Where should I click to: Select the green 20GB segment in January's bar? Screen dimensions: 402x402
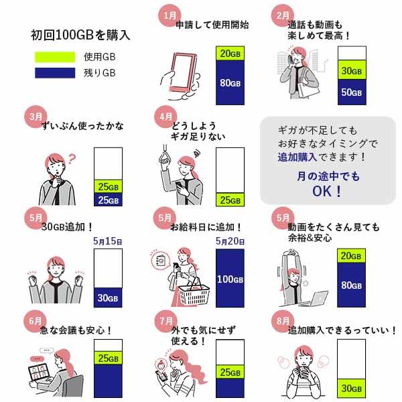tap(230, 54)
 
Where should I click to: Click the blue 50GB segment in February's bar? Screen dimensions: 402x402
tap(352, 92)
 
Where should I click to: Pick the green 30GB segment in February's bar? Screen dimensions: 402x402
tap(352, 70)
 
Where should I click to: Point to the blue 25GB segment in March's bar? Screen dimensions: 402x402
tap(108, 200)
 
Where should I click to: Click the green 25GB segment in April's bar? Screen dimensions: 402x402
tap(230, 200)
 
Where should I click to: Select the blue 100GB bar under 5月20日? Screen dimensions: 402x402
tap(230, 277)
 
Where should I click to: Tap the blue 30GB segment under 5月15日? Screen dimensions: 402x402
tap(108, 297)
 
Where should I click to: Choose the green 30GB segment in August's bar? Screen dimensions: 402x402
tap(352, 388)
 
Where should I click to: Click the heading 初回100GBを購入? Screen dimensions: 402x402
tap(80, 34)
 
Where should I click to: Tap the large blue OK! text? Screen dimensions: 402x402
tap(328, 192)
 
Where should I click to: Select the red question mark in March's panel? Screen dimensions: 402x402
tap(73, 159)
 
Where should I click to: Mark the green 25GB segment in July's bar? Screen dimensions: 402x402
tap(230, 372)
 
